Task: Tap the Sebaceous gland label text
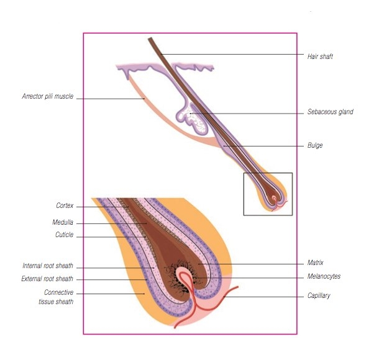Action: click(x=330, y=112)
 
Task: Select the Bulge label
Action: click(x=315, y=146)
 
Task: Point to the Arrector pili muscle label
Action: click(x=47, y=97)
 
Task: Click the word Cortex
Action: click(x=65, y=205)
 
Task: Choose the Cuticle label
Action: click(x=64, y=235)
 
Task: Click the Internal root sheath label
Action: click(x=48, y=266)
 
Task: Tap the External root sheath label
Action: click(x=47, y=279)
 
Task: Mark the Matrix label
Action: click(x=316, y=263)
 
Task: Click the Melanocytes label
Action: click(x=324, y=276)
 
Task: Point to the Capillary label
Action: click(x=319, y=296)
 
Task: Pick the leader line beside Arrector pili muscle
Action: click(x=109, y=97)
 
